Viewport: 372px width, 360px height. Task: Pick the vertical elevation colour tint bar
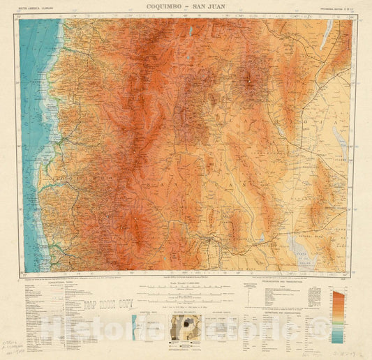pyautogui.click(x=338, y=317)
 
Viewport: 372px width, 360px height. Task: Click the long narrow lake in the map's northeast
pyautogui.click(x=325, y=33)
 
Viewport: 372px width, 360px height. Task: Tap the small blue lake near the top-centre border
pyautogui.click(x=190, y=31)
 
